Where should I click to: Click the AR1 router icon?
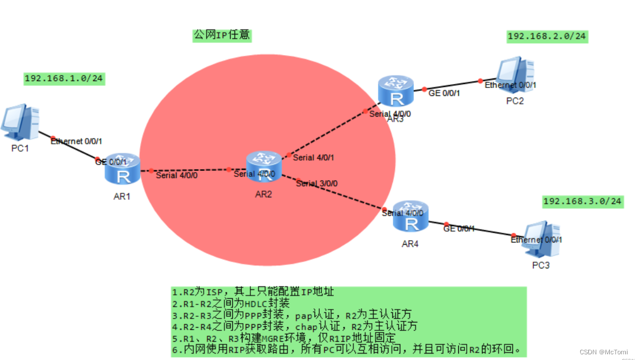pyautogui.click(x=122, y=169)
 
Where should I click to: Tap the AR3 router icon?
pyautogui.click(x=396, y=91)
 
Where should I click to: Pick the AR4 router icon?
pyautogui.click(x=410, y=216)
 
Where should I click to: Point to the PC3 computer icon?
pyautogui.click(x=542, y=240)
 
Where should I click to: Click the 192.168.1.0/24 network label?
pyautogui.click(x=64, y=78)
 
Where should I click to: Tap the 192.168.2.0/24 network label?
pyautogui.click(x=547, y=36)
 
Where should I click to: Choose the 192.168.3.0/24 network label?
pyautogui.click(x=583, y=201)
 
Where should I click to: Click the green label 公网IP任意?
pyautogui.click(x=221, y=35)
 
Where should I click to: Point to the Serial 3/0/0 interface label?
pyautogui.click(x=317, y=183)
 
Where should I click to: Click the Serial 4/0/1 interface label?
pyautogui.click(x=313, y=158)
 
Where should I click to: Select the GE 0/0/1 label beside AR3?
pyautogui.click(x=443, y=93)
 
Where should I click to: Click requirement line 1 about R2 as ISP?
pyautogui.click(x=253, y=292)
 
